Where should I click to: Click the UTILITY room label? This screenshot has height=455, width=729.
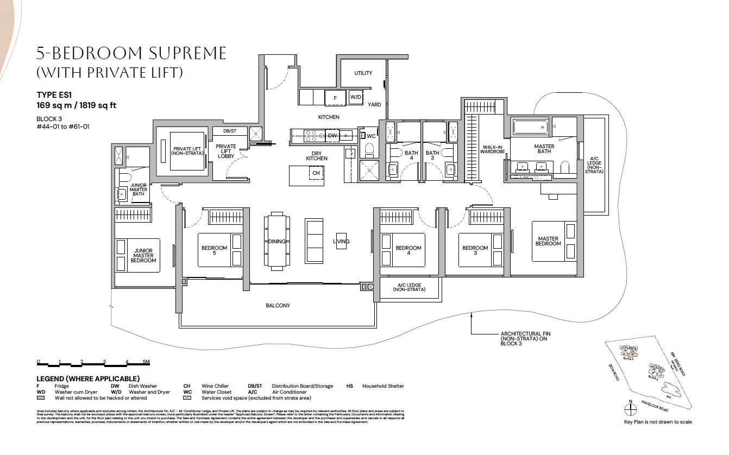click(x=363, y=73)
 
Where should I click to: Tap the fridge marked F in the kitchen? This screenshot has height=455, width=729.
click(x=335, y=98)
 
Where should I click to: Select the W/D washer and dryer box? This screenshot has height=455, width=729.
click(x=356, y=98)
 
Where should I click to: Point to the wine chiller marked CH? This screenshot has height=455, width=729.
click(x=316, y=173)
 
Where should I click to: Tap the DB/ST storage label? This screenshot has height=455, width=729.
click(x=230, y=131)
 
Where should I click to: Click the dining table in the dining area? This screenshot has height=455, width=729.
click(x=276, y=242)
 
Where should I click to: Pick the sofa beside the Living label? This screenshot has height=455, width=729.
click(x=314, y=242)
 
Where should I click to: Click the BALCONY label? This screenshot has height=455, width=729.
click(x=278, y=306)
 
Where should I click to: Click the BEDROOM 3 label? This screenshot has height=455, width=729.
click(x=475, y=251)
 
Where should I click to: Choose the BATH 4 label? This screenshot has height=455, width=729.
click(x=411, y=156)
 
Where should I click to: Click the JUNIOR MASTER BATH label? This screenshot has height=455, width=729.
click(x=138, y=189)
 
